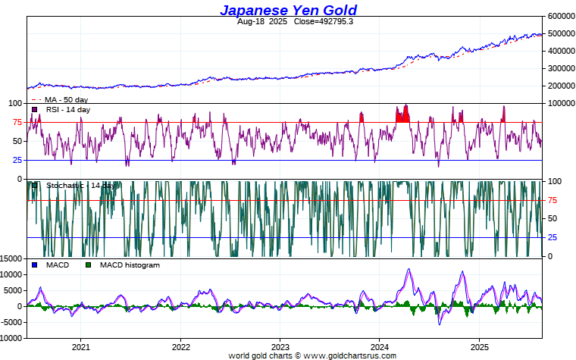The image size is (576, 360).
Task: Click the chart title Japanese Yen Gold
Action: [x=288, y=10]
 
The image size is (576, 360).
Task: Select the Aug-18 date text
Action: [x=252, y=21]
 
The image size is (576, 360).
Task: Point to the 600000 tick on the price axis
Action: [x=559, y=16]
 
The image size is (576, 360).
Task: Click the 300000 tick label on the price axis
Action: [x=559, y=68]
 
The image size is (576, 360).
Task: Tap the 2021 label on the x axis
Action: [x=81, y=346]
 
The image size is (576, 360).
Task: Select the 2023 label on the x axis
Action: [x=280, y=346]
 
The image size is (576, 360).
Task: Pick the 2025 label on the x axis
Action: [x=478, y=346]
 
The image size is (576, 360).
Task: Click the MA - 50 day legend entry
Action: [x=66, y=99]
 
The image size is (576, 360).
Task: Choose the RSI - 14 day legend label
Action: [x=67, y=110]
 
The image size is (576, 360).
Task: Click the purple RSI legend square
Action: [x=34, y=110]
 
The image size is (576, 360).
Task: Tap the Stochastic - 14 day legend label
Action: [x=80, y=185]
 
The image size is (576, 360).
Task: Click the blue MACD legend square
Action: [x=34, y=265]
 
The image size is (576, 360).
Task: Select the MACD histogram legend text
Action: [x=130, y=265]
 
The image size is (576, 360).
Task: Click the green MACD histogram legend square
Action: [x=88, y=265]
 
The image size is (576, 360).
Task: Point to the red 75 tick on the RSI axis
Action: [x=17, y=122]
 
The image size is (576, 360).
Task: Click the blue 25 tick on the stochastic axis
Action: [x=553, y=237]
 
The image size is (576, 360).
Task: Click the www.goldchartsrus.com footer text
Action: [x=349, y=355]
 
